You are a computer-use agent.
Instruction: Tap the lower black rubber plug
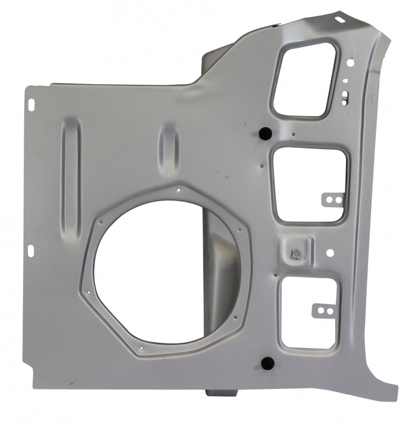[x=265, y=363]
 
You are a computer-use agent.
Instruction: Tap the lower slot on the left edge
[x=30, y=250]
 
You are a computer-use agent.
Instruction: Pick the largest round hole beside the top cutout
[x=351, y=61]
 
